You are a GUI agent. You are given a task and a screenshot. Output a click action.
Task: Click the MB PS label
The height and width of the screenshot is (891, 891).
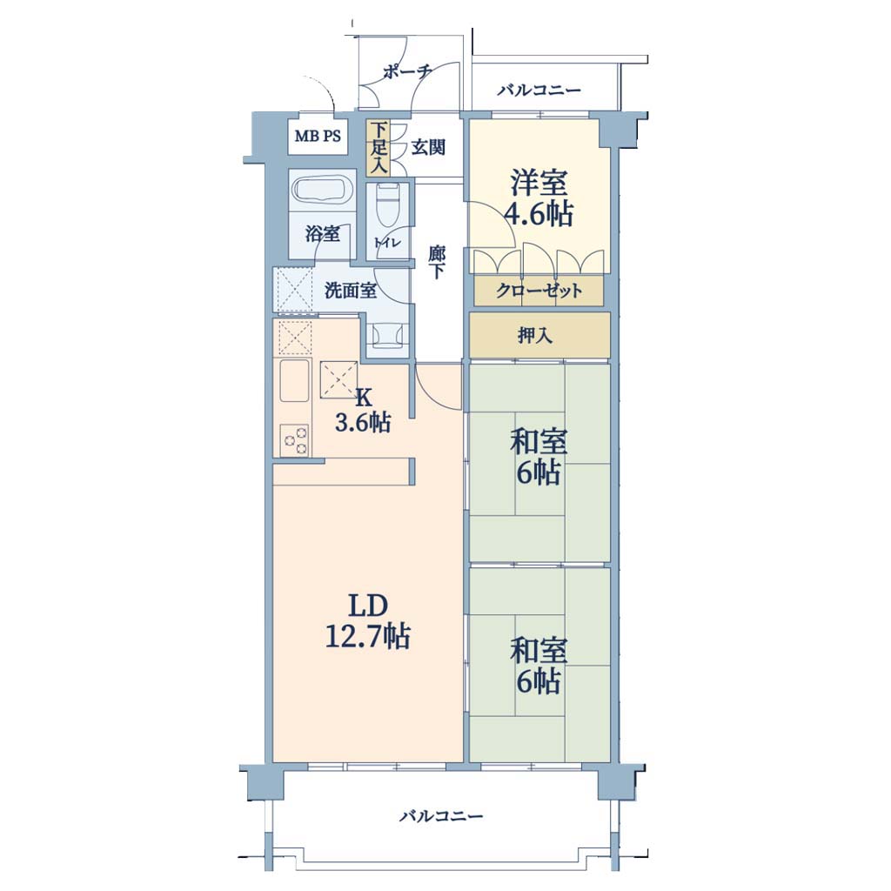click(x=318, y=137)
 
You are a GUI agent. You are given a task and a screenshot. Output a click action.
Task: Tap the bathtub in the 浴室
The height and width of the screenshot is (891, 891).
click(x=322, y=191)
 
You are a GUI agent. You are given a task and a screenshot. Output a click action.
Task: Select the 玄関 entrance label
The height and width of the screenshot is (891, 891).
click(x=428, y=148)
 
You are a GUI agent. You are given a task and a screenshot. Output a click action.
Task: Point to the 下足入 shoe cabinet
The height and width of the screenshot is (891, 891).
click(x=379, y=148)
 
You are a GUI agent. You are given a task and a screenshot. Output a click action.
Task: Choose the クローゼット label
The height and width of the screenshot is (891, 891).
click(x=539, y=291)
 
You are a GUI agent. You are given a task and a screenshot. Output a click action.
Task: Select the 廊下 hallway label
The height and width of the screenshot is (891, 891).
click(x=437, y=262)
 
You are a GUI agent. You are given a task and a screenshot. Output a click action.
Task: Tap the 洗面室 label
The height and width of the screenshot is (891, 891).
click(x=350, y=291)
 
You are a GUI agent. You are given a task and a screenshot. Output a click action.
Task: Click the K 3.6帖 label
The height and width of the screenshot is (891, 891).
click(x=363, y=411)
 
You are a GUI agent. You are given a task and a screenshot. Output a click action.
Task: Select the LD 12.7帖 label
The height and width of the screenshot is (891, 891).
click(x=368, y=621)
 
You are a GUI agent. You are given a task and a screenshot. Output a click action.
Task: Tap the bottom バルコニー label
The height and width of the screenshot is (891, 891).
click(x=441, y=816)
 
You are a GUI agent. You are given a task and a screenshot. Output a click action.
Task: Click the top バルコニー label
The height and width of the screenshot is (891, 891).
click(x=539, y=90)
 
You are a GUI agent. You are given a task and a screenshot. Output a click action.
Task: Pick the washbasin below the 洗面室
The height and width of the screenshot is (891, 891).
click(x=388, y=335)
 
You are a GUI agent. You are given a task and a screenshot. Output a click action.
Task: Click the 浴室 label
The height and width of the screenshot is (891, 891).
click(x=323, y=233)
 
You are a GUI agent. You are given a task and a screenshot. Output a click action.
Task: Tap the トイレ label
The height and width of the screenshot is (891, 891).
click(x=387, y=242)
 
